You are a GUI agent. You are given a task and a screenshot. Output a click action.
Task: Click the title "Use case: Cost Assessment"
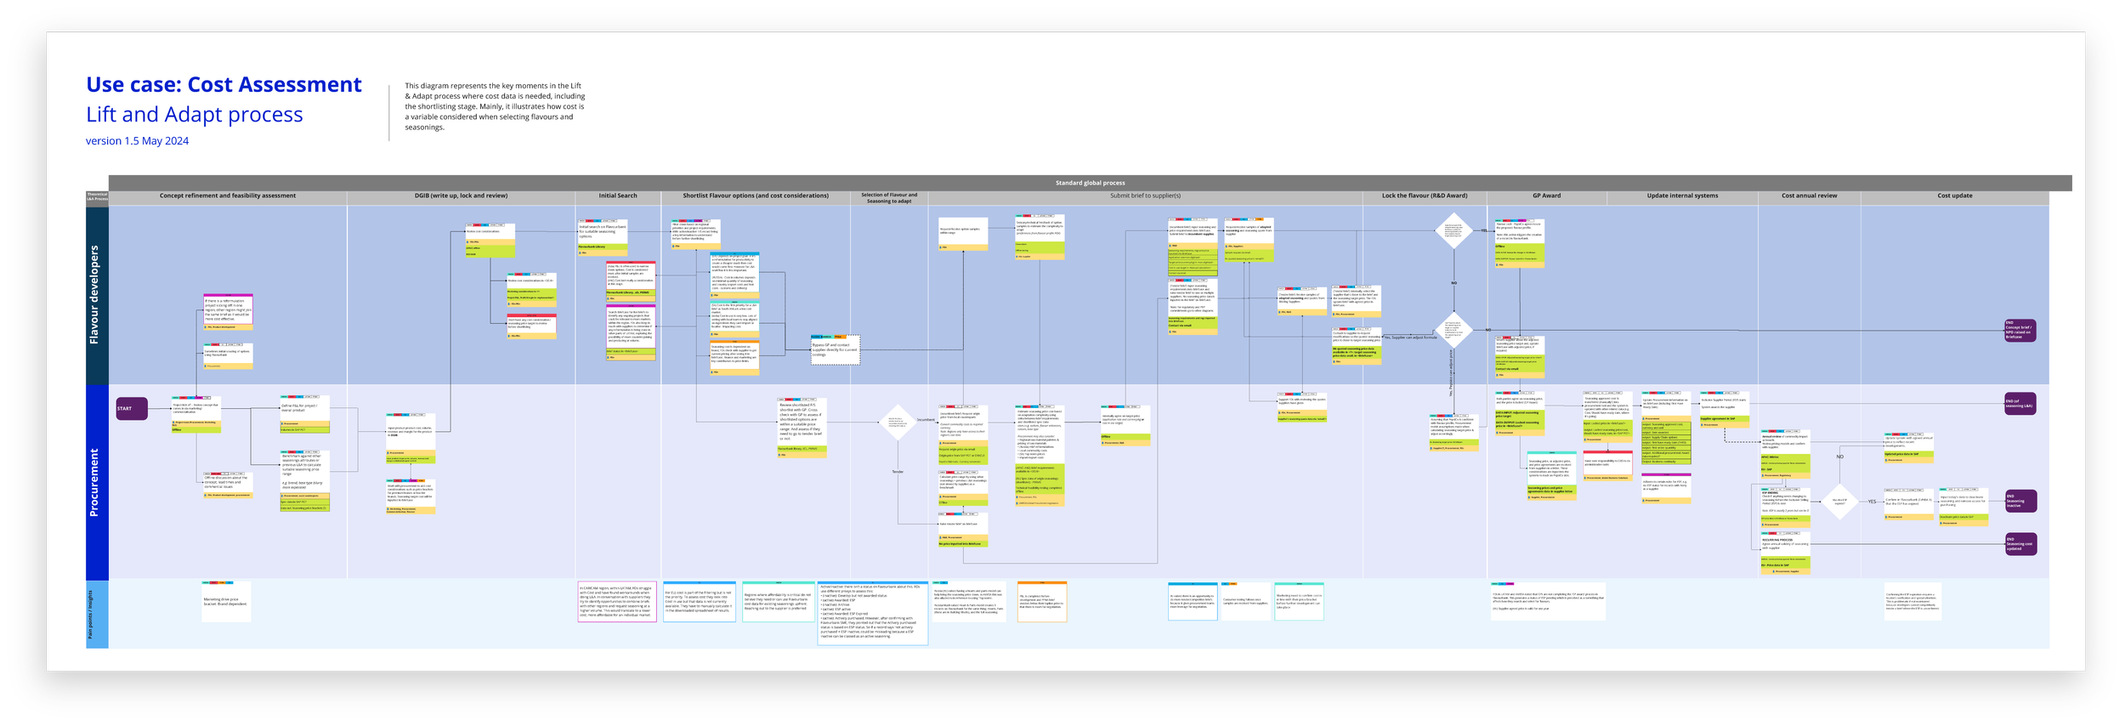coord(224,85)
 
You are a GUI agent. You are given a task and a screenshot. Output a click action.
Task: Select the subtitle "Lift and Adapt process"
coord(194,115)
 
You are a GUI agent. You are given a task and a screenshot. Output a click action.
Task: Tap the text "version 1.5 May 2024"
coord(137,141)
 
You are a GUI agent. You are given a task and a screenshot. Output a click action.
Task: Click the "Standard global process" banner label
coord(1090,183)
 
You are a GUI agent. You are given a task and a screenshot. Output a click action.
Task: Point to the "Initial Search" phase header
coord(617,196)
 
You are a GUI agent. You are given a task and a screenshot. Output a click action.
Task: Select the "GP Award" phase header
coord(1546,196)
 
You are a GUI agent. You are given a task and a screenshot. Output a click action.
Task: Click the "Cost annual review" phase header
coord(1809,196)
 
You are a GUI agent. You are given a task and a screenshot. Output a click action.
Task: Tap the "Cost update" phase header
coord(1954,196)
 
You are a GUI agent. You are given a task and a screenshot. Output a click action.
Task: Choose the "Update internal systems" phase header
coord(1682,196)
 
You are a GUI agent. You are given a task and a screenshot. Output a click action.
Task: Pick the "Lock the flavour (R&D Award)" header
coord(1424,196)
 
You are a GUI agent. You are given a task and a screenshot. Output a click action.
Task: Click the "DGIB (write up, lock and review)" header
coord(461,196)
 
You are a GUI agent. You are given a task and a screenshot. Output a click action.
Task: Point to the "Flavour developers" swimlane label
coord(94,294)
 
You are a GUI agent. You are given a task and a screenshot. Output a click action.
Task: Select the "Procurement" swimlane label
coord(94,482)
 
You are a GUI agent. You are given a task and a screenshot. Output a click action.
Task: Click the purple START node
coord(131,409)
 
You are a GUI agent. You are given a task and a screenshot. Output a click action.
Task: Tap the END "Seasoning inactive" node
coord(2020,501)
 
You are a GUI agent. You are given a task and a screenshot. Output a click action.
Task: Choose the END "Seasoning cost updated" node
coord(2020,544)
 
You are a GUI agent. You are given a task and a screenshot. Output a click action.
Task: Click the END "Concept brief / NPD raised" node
coord(2020,331)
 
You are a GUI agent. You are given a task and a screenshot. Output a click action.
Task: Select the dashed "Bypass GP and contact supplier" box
coord(835,350)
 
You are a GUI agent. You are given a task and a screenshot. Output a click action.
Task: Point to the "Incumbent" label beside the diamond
coord(926,420)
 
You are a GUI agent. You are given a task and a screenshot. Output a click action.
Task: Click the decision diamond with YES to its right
coord(1839,502)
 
